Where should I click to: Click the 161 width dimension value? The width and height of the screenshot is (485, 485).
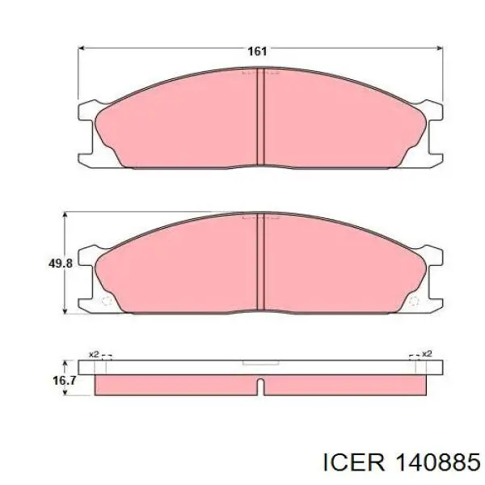point(257,52)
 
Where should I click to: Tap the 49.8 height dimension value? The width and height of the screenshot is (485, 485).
point(61,264)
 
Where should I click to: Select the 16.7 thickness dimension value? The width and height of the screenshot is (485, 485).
point(65,381)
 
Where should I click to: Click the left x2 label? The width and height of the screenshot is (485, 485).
point(94,354)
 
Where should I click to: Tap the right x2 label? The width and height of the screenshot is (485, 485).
point(427,353)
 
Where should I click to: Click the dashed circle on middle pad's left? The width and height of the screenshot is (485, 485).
point(107,301)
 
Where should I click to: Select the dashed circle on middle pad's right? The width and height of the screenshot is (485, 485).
point(414,301)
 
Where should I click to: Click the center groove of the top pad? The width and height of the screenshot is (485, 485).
point(261,116)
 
